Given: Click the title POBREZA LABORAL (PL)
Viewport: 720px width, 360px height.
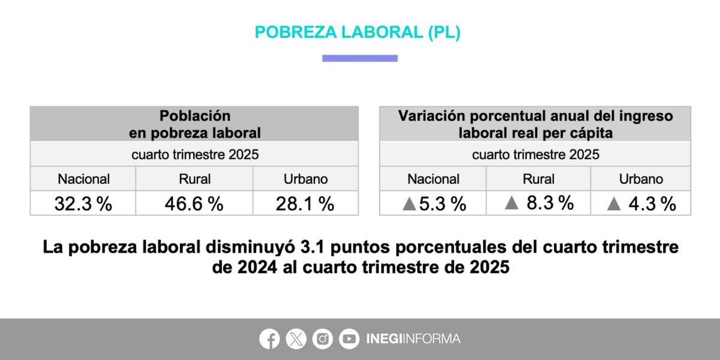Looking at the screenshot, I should (358, 32).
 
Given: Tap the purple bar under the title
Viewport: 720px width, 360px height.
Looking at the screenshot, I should (359, 58).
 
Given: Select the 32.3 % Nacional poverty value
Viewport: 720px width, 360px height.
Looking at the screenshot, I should (83, 204).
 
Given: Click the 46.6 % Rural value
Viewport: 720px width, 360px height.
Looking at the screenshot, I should (194, 204).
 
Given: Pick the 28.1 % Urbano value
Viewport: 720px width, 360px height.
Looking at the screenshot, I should (305, 204).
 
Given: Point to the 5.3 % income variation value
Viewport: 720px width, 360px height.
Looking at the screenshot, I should (443, 204).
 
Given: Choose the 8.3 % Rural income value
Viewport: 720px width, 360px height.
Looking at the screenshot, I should (550, 203).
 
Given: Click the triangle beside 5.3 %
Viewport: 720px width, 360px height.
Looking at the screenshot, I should (409, 204).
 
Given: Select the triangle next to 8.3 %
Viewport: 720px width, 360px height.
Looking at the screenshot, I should (512, 203).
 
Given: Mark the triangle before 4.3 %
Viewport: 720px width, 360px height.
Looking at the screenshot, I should (613, 204).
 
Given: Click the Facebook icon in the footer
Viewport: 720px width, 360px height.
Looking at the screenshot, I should (269, 339).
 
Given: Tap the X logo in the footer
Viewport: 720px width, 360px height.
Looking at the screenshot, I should (296, 339).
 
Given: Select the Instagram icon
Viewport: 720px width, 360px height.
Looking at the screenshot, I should (323, 339).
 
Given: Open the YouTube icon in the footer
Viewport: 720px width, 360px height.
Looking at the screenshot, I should (349, 339).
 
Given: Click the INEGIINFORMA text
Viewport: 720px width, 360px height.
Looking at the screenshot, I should (413, 339).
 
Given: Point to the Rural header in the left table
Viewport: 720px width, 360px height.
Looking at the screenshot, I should (194, 179).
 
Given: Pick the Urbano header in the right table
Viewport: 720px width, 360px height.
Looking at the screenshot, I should (641, 179).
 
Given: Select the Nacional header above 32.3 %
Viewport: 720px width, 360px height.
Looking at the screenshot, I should (83, 179).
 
